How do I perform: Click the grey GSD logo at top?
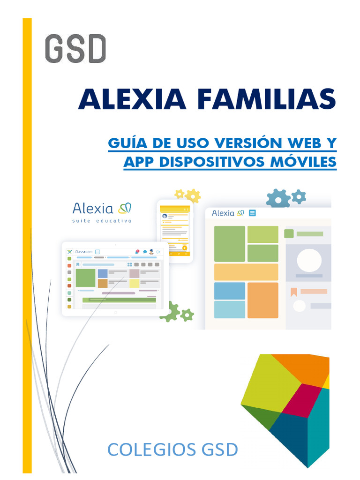pyautogui.click(x=75, y=49)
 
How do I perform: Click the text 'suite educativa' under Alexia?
pyautogui.click(x=102, y=220)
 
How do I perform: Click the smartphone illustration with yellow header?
pyautogui.click(x=174, y=231)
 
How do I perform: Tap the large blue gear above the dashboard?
pyautogui.click(x=278, y=198)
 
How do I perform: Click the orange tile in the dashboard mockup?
pyautogui.click(x=262, y=300)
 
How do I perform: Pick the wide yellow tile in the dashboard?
pyautogui.click(x=246, y=272)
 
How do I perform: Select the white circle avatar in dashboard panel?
pyautogui.click(x=309, y=260)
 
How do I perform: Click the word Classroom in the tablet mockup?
pyautogui.click(x=84, y=252)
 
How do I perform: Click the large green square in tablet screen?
pyautogui.click(x=85, y=277)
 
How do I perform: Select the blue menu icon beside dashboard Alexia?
pyautogui.click(x=252, y=213)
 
